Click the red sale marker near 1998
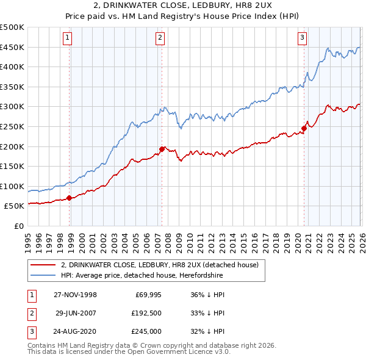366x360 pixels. pyautogui.click(x=70, y=198)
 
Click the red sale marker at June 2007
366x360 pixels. pyautogui.click(x=162, y=149)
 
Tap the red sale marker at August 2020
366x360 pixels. pyautogui.click(x=303, y=128)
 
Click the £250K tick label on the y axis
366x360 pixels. pyautogui.click(x=12, y=126)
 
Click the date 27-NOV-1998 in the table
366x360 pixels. pyautogui.click(x=75, y=295)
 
